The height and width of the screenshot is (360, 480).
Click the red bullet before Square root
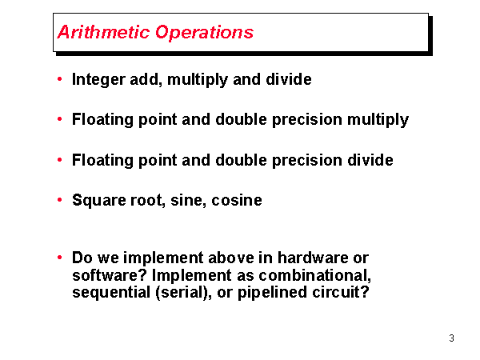(x=60, y=200)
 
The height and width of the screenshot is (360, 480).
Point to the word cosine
(x=237, y=200)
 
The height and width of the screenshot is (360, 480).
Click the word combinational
(x=315, y=275)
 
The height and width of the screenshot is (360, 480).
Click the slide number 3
(x=451, y=338)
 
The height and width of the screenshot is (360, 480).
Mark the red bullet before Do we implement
(x=60, y=258)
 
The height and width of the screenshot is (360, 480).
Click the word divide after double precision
(x=368, y=160)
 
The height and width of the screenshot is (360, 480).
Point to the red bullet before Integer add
(x=60, y=80)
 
